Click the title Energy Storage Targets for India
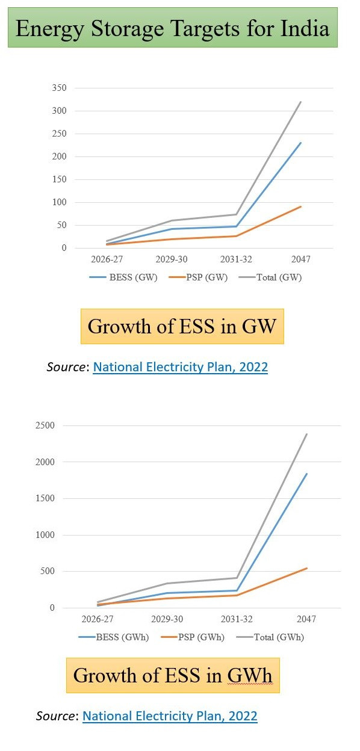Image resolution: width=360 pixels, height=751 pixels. click(172, 28)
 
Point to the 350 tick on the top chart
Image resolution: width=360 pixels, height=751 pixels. click(59, 88)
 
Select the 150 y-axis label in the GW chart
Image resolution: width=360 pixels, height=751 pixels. click(59, 179)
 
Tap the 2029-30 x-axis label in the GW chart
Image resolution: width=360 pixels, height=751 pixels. click(172, 259)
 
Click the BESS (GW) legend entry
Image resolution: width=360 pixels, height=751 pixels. click(123, 277)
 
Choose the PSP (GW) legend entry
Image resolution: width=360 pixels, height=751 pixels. click(198, 277)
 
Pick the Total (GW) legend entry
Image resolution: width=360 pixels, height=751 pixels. click(270, 277)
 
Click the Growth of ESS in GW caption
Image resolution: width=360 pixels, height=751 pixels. click(182, 326)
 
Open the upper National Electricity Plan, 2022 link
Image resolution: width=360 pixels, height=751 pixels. click(181, 367)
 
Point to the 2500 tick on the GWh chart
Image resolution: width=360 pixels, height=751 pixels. click(45, 425)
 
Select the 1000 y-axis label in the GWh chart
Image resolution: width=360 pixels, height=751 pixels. click(45, 535)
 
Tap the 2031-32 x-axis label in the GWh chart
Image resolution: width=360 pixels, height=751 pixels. click(237, 619)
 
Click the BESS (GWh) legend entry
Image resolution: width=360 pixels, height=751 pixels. click(114, 637)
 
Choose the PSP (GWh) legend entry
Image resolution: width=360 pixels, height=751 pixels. click(193, 637)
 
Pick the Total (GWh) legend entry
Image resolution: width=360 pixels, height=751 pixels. click(270, 637)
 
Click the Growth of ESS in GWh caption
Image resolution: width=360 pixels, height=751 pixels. click(173, 675)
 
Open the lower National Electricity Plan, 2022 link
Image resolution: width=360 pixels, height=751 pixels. click(170, 716)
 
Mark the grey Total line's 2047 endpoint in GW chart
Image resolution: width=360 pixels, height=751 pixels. click(300, 102)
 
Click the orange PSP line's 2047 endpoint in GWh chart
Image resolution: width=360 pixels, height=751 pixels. click(306, 568)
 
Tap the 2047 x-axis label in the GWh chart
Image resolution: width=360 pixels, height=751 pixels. click(306, 619)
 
